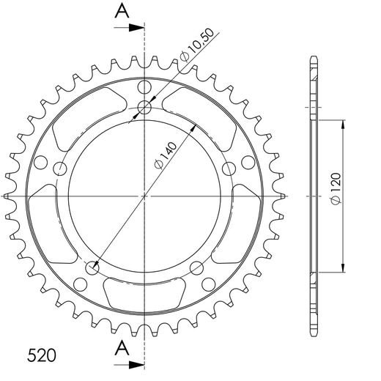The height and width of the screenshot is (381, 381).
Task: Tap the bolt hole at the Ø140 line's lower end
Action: click(92, 269)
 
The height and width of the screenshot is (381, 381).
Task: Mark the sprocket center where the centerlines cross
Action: click(144, 196)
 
